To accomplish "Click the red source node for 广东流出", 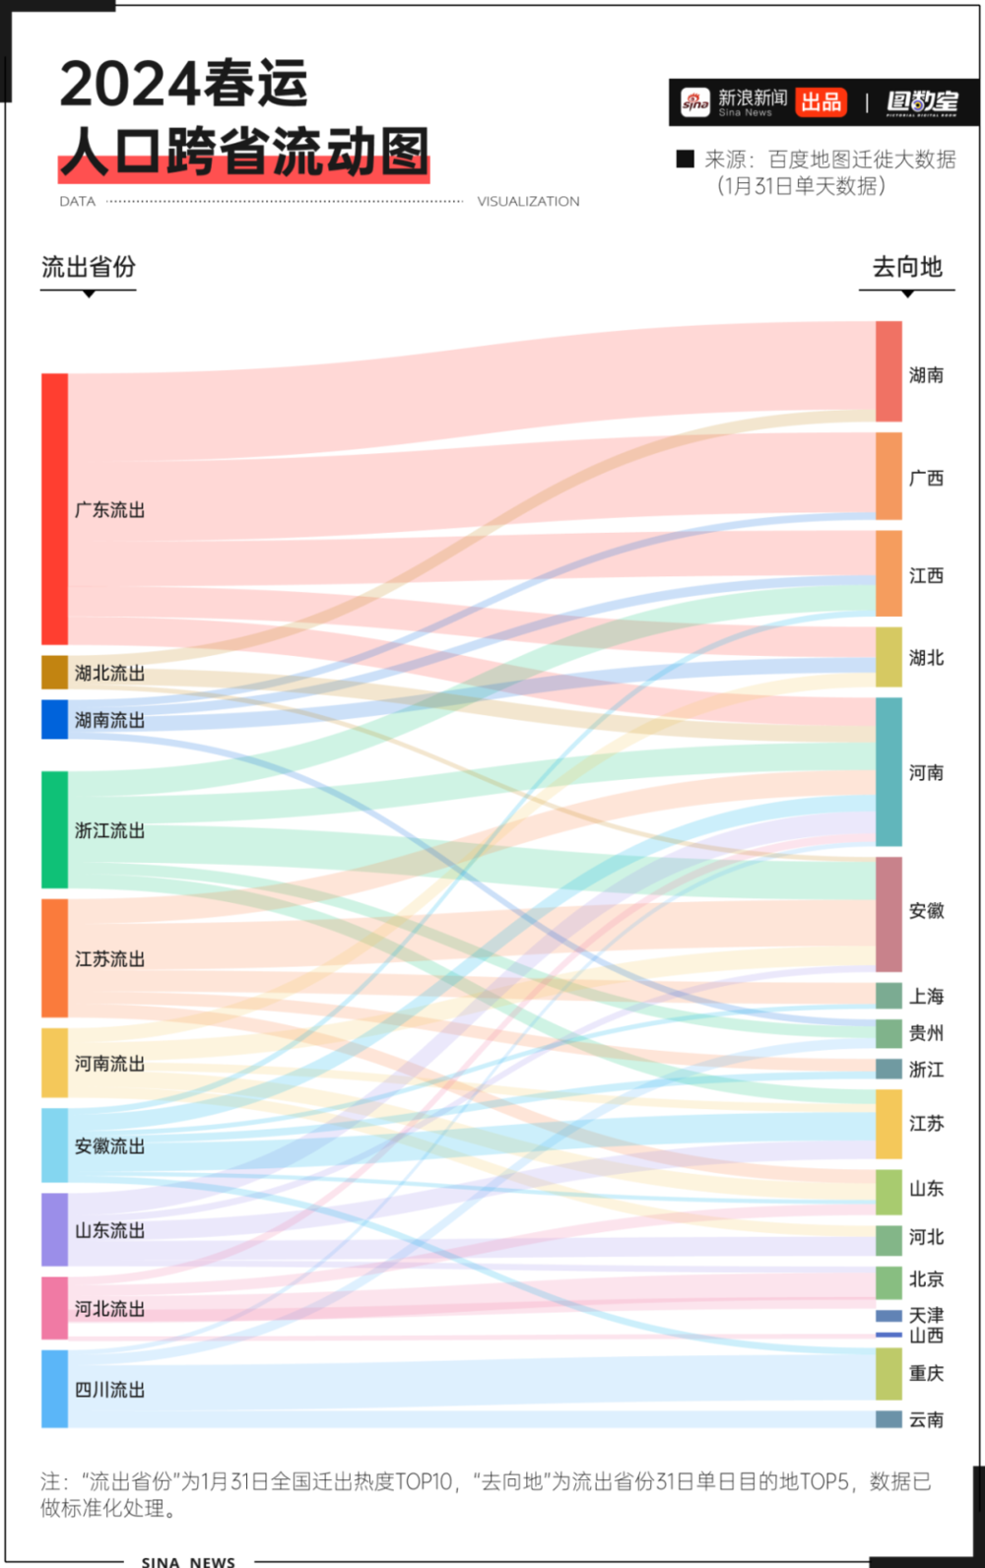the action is click(54, 509).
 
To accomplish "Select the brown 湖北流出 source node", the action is click(54, 672).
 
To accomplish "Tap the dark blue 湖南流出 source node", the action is click(54, 719).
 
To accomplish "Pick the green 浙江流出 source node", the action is click(54, 829).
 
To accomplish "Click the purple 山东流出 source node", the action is click(54, 1229).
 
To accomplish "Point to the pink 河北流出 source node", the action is click(54, 1308).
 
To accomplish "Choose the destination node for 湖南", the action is click(888, 371).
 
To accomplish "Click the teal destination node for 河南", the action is click(888, 771).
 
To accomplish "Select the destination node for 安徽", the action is click(888, 914).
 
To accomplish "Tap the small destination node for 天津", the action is click(888, 1316).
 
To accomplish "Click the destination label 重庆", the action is click(926, 1373).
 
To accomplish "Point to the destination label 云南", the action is click(926, 1419).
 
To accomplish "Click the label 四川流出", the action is click(110, 1390).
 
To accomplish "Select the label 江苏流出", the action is click(110, 958).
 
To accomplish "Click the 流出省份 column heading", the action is click(89, 267).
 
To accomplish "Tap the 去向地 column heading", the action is click(907, 267).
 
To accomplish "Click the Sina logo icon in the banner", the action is click(695, 102).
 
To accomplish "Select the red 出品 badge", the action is click(821, 102).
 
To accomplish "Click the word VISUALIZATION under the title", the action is click(529, 202).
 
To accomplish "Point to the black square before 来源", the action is click(685, 159).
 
